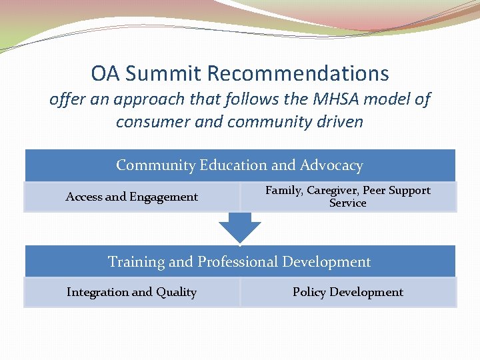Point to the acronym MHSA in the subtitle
point(327,100)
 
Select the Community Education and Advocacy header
point(240,165)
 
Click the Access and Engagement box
point(132,197)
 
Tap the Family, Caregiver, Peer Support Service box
point(348,197)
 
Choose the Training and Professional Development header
point(240,261)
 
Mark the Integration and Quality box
point(132,292)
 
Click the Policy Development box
point(348,292)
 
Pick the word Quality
point(176,293)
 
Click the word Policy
point(309,292)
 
